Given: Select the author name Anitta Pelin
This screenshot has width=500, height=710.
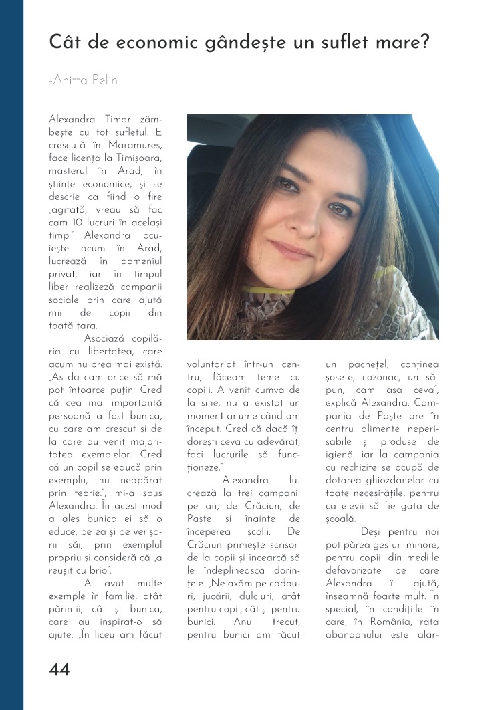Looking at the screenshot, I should click(83, 80).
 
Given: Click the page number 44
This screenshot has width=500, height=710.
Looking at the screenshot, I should click(59, 669).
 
